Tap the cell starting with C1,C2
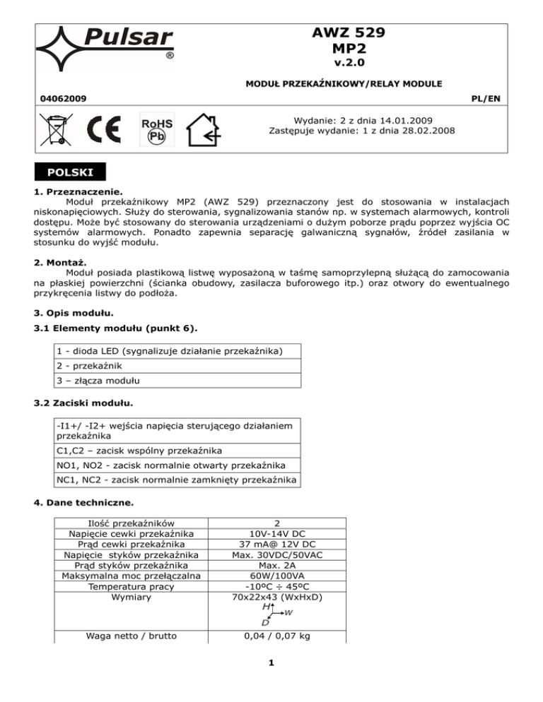[x=141, y=451]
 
